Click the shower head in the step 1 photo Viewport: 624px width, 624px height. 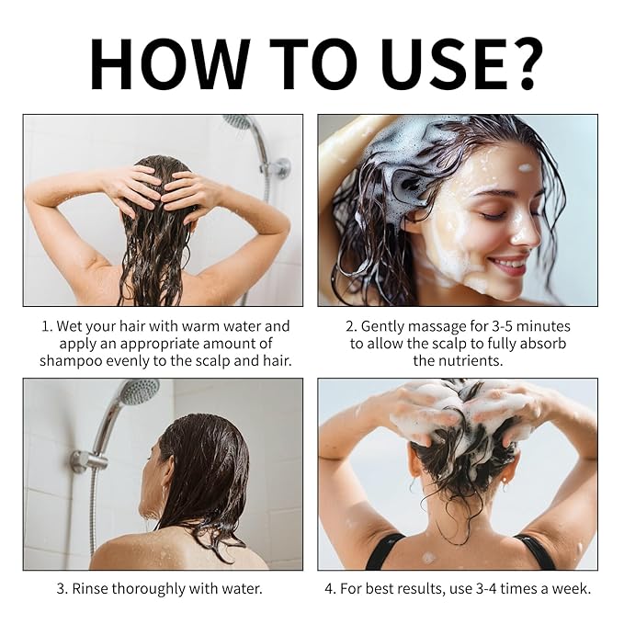pyautogui.click(x=238, y=121)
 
